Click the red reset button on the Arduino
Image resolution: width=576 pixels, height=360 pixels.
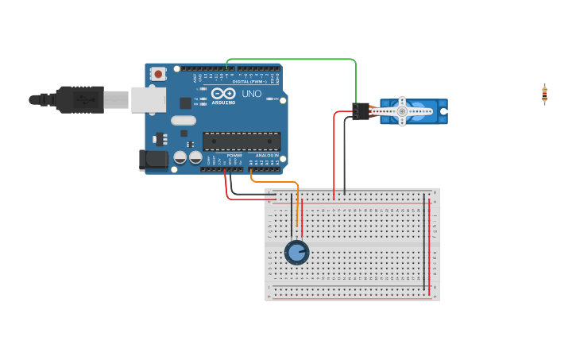[x=158, y=74]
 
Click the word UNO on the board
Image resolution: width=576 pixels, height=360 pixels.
[x=251, y=94]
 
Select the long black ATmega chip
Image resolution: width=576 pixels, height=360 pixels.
[x=241, y=141]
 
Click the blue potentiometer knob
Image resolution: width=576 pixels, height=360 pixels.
[x=296, y=253]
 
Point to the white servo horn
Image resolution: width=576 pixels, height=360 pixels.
[x=402, y=112]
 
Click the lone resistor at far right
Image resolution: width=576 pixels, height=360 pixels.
[x=544, y=94]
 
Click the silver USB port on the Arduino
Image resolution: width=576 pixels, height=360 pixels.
[x=148, y=99]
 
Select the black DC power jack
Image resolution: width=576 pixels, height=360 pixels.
[x=154, y=160]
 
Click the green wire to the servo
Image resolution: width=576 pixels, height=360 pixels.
[x=302, y=59]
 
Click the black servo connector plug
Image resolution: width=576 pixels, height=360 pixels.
[x=361, y=112]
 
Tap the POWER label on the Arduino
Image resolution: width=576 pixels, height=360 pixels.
[x=234, y=156]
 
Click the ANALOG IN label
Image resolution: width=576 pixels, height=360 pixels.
[x=265, y=156]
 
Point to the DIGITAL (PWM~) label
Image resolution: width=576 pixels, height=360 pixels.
[x=250, y=82]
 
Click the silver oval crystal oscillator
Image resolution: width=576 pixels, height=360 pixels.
[x=183, y=121]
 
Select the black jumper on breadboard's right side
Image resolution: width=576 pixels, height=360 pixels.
[x=423, y=238]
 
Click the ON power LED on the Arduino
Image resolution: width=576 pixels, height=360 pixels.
[x=270, y=99]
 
